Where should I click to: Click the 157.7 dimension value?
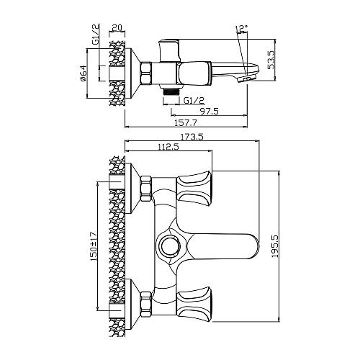coord(186,123)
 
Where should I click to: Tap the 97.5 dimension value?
coord(209,112)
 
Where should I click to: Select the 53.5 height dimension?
coord(271,60)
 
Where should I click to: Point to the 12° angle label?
coord(242,29)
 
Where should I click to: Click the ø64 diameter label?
coord(83,73)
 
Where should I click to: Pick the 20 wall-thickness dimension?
coord(117,27)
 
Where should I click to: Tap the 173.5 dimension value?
coord(192,137)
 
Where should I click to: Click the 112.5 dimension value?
coord(168,147)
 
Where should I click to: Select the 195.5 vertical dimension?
coord(275,246)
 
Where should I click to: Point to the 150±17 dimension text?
coord(93,246)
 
